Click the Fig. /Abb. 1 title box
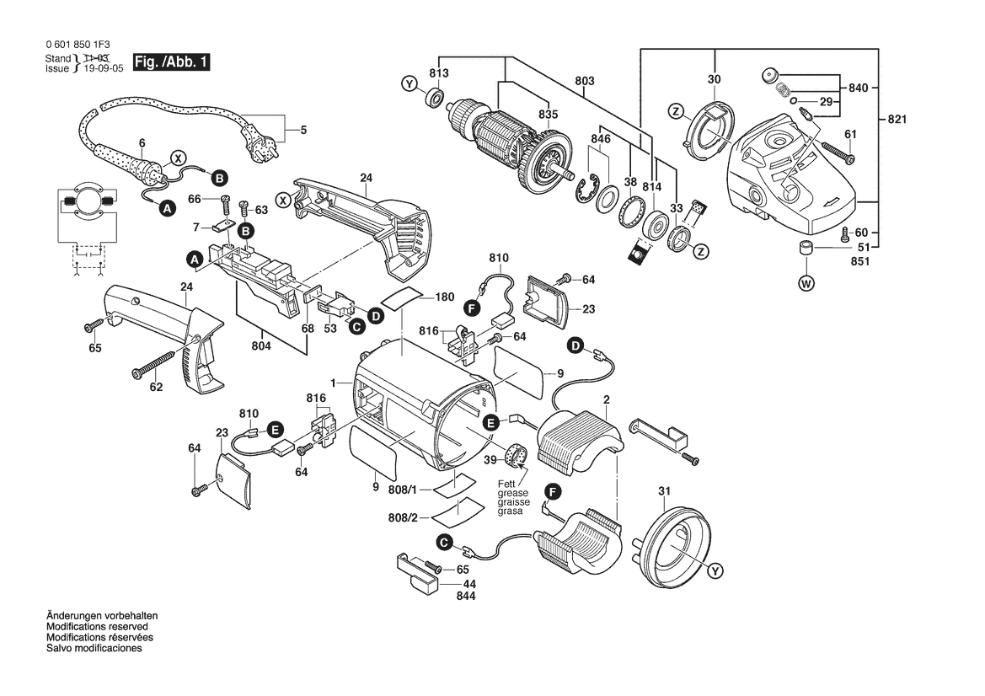(x=171, y=62)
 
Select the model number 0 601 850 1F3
(x=78, y=45)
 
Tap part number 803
(x=584, y=81)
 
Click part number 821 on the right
(x=897, y=119)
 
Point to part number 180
(x=444, y=297)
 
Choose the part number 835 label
(x=548, y=115)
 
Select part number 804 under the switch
(x=261, y=346)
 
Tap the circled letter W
(x=806, y=284)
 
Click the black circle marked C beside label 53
(x=356, y=327)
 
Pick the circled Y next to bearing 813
(x=410, y=83)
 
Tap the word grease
(x=512, y=494)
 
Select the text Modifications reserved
(x=98, y=627)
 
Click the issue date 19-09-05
(x=104, y=68)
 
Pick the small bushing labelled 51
(x=806, y=248)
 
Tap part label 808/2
(x=403, y=518)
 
